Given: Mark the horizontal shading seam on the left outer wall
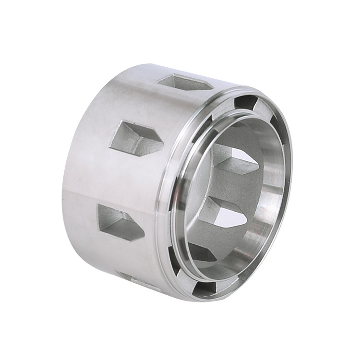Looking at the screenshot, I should [96, 194].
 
